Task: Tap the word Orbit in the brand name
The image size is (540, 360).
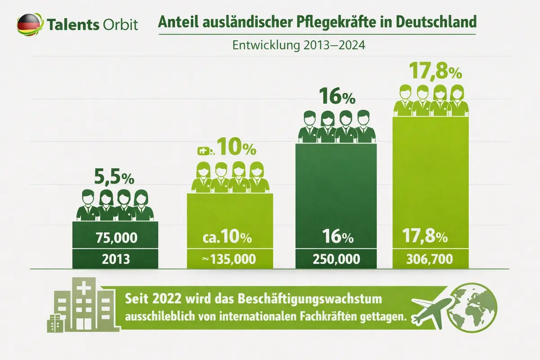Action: pyautogui.click(x=121, y=24)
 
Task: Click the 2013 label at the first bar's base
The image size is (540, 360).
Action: pyautogui.click(x=115, y=259)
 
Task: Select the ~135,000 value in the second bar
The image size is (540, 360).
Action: pyautogui.click(x=230, y=259)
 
